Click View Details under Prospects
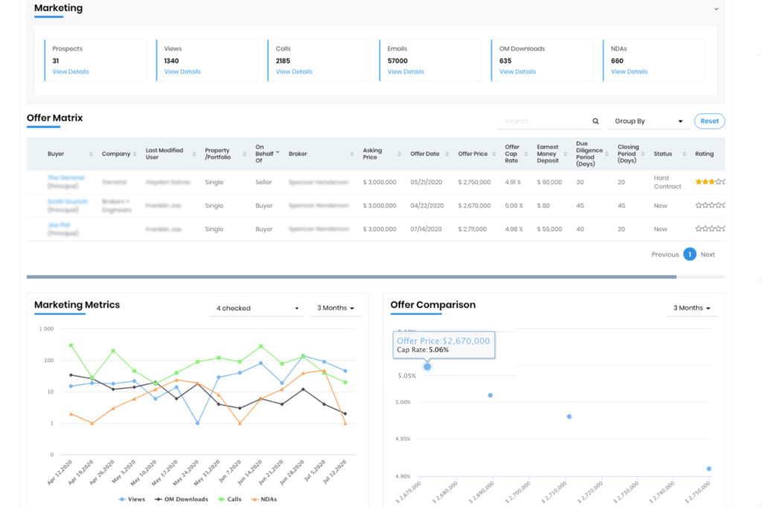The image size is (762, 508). coord(71,72)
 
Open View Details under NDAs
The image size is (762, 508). coord(629,72)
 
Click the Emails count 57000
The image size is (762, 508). coord(397,61)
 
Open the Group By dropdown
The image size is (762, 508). coord(648,121)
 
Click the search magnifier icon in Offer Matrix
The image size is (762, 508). coord(595,121)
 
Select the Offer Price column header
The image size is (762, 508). coord(473,154)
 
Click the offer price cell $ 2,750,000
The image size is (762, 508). coord(474,182)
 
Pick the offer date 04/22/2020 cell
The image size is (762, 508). coord(426,206)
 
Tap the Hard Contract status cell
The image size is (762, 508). coord(667,182)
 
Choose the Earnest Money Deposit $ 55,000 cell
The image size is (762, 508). coord(549,230)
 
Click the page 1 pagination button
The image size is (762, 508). coord(689,254)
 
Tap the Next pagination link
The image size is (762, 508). coord(708,254)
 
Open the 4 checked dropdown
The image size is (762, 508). coord(257,308)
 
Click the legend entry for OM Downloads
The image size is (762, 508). coord(182,499)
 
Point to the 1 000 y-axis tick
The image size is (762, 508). coord(46,329)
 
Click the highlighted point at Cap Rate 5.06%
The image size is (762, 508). coord(427,367)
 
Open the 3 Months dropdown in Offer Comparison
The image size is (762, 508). coord(691,308)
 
